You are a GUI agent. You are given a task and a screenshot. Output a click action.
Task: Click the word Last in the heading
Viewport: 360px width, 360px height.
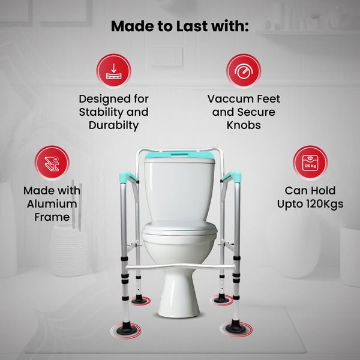192,26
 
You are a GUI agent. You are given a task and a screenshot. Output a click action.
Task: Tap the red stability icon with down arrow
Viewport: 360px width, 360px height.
113,71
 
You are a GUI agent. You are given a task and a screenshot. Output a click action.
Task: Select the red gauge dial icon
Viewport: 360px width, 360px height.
244,71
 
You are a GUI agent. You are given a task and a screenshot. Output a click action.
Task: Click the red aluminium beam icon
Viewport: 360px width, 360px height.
52,163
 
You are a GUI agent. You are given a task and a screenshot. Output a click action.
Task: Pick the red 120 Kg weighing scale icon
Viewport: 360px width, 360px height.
310,163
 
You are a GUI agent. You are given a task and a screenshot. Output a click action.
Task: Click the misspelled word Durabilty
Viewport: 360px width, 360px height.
113,125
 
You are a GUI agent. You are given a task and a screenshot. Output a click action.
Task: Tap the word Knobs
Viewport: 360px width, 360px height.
244,125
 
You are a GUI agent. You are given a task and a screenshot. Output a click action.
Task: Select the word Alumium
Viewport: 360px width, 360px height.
52,204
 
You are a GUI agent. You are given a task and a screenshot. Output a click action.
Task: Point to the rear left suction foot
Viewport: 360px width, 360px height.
139,299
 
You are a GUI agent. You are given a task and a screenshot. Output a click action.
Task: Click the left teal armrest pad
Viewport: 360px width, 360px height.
128,176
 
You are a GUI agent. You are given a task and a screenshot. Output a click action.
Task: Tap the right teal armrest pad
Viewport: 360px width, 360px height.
231,176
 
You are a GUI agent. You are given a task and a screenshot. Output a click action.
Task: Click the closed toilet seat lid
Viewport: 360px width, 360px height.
179,227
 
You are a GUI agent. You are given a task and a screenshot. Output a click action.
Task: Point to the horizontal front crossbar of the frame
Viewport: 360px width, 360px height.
181,267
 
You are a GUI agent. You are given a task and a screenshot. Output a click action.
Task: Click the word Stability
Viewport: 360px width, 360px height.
100,112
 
